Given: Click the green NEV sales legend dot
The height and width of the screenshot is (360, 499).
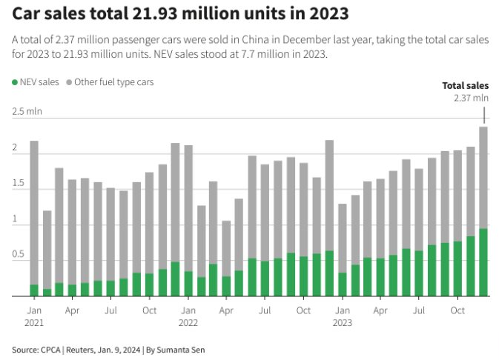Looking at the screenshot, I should [x=16, y=82].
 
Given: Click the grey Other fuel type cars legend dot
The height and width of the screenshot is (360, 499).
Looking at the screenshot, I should [x=69, y=82].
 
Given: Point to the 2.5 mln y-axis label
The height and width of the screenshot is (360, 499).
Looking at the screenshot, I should [x=27, y=111].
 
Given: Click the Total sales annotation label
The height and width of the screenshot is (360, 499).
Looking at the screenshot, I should [x=465, y=85].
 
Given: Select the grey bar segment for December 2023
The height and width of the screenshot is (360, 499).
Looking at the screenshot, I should [x=483, y=177].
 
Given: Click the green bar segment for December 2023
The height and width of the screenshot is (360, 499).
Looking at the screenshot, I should [x=483, y=262].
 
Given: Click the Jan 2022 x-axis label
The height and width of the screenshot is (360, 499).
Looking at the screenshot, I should [x=188, y=316].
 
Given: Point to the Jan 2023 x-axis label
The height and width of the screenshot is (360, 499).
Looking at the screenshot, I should [x=342, y=316].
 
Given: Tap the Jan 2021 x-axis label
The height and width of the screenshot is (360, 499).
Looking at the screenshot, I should [x=34, y=316].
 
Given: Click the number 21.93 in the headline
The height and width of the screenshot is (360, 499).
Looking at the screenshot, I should [x=152, y=13].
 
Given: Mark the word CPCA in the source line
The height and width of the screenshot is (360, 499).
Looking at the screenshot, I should [x=50, y=349].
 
